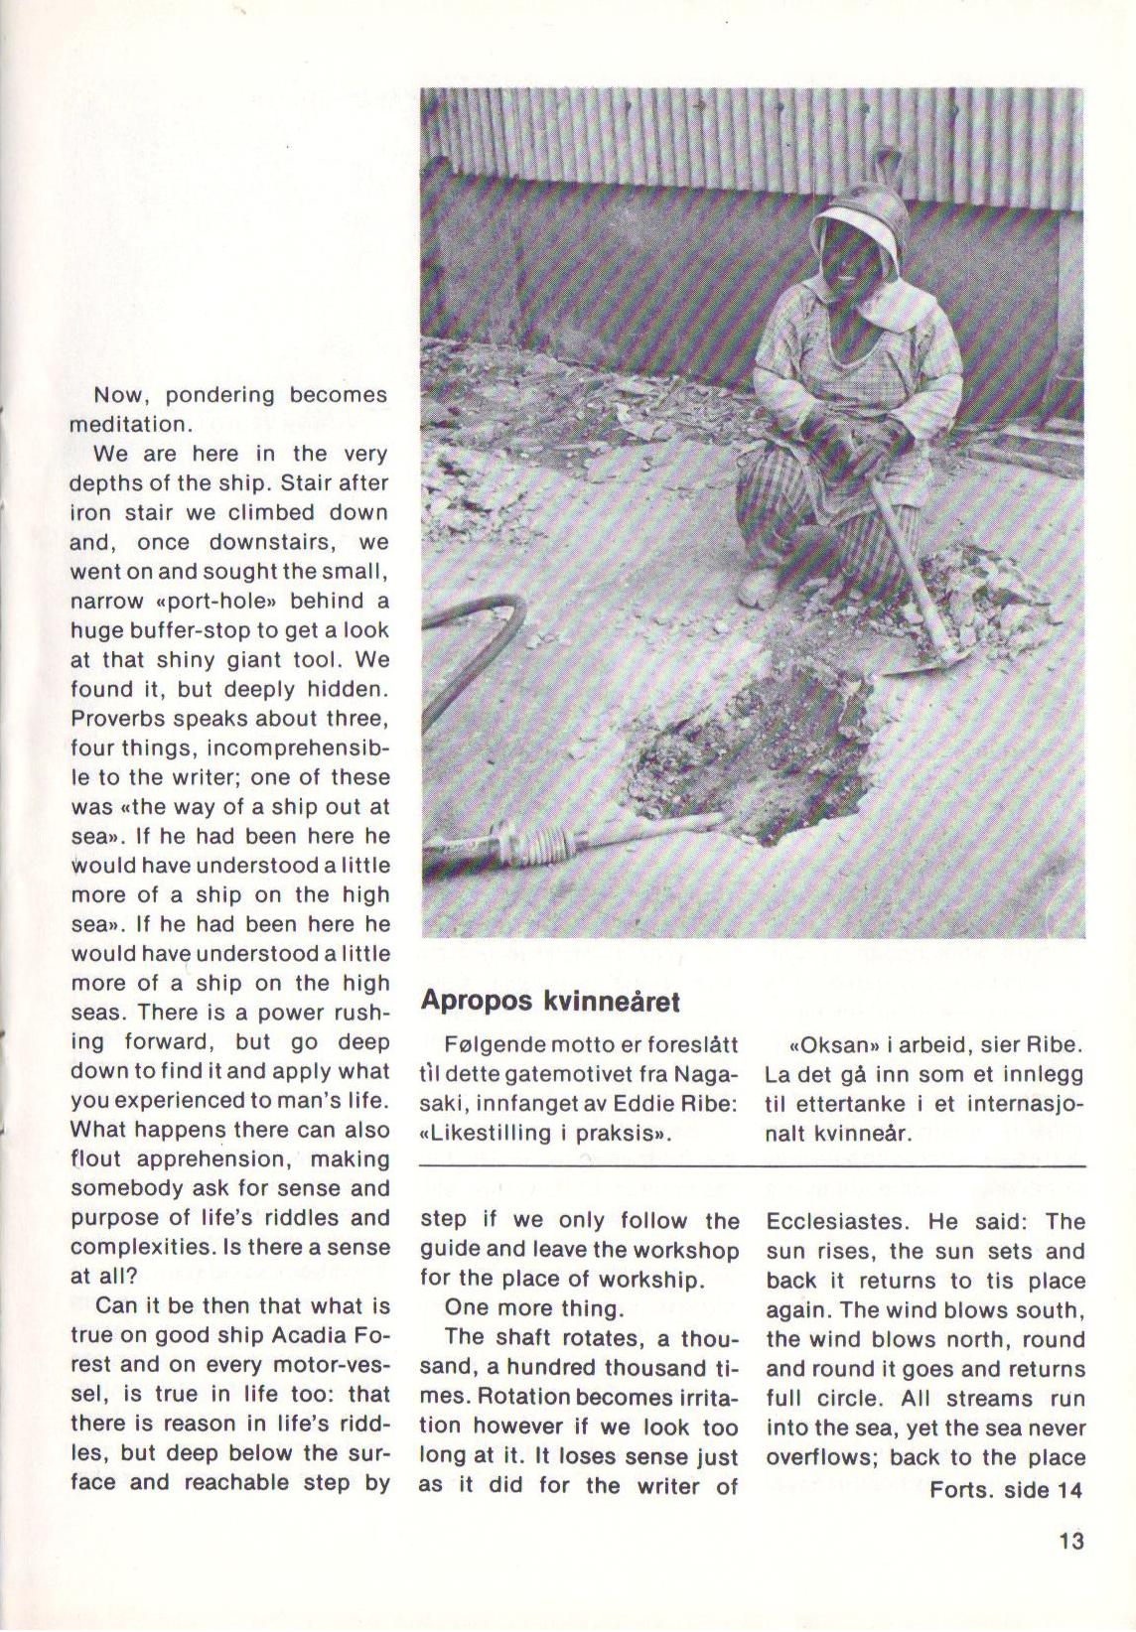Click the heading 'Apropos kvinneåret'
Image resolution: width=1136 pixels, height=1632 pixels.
550,1000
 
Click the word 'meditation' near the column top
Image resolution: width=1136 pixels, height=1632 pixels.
127,425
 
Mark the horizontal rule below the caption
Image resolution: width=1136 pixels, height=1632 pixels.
753,1165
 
